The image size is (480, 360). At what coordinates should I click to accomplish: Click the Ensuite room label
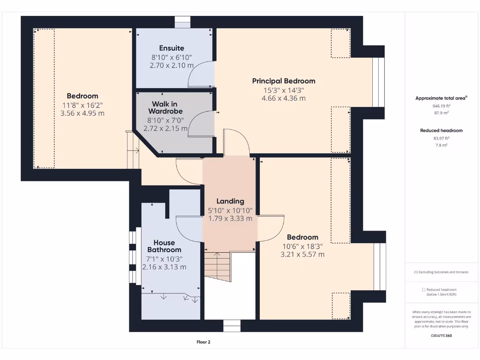pyautogui.click(x=172, y=48)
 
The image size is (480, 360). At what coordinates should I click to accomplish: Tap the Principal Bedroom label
pyautogui.click(x=284, y=81)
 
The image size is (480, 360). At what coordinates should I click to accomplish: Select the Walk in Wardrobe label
pyautogui.click(x=165, y=107)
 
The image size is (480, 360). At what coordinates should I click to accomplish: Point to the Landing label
pyautogui.click(x=230, y=201)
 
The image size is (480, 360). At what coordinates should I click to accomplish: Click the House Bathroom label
pyautogui.click(x=164, y=246)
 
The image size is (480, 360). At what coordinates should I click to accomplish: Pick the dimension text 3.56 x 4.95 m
pyautogui.click(x=82, y=113)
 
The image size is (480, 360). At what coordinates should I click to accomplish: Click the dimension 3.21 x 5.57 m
pyautogui.click(x=302, y=255)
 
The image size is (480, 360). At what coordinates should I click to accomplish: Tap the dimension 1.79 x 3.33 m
pyautogui.click(x=230, y=218)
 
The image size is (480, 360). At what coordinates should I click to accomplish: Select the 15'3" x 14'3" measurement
pyautogui.click(x=284, y=90)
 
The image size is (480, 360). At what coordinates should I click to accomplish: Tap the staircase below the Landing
pyautogui.click(x=217, y=265)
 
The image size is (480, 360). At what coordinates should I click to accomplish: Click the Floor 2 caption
pyautogui.click(x=203, y=342)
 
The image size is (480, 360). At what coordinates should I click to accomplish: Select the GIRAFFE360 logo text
pyautogui.click(x=441, y=336)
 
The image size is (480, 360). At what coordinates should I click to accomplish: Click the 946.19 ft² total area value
pyautogui.click(x=441, y=106)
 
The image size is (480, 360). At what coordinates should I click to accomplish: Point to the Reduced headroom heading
pyautogui.click(x=441, y=130)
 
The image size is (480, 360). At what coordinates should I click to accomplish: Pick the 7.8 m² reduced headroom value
pyautogui.click(x=441, y=145)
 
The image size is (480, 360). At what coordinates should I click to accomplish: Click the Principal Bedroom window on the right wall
pyautogui.click(x=378, y=82)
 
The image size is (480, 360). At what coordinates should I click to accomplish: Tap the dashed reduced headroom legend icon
pyautogui.click(x=424, y=290)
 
